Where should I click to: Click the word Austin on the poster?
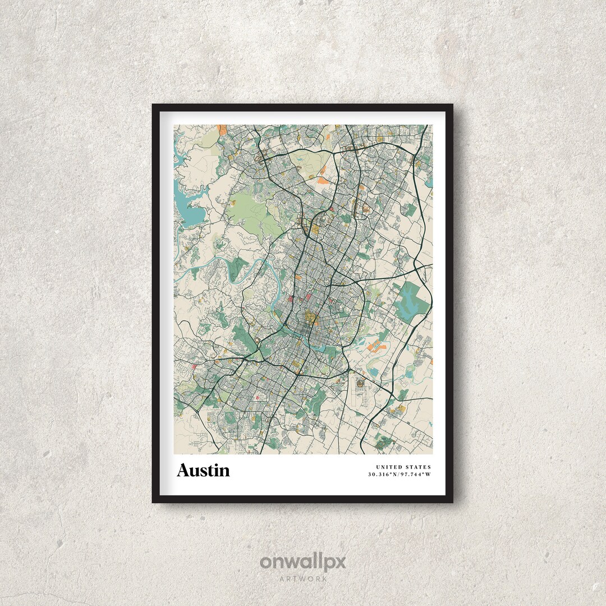(x=203, y=470)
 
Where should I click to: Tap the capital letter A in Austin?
(x=183, y=470)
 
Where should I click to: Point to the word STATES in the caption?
(x=419, y=467)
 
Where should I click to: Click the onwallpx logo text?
(x=303, y=562)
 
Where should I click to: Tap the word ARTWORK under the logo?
(x=303, y=578)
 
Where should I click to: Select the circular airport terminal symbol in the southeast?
(x=360, y=383)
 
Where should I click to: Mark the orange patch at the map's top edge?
(x=222, y=130)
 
